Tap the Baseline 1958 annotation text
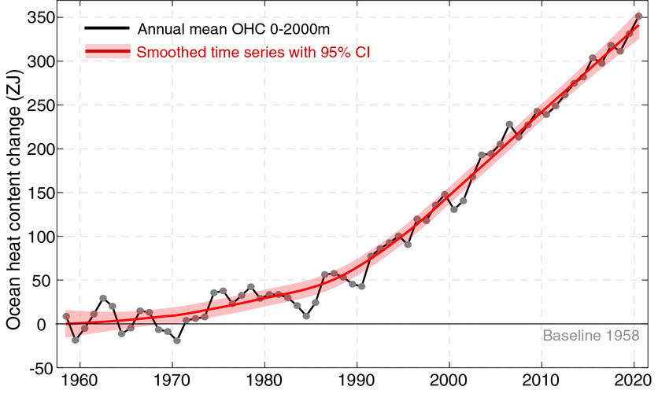click(x=590, y=336)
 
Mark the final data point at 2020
click(x=638, y=16)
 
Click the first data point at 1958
click(x=66, y=316)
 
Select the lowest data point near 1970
click(x=177, y=340)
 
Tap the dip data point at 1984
click(x=306, y=315)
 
